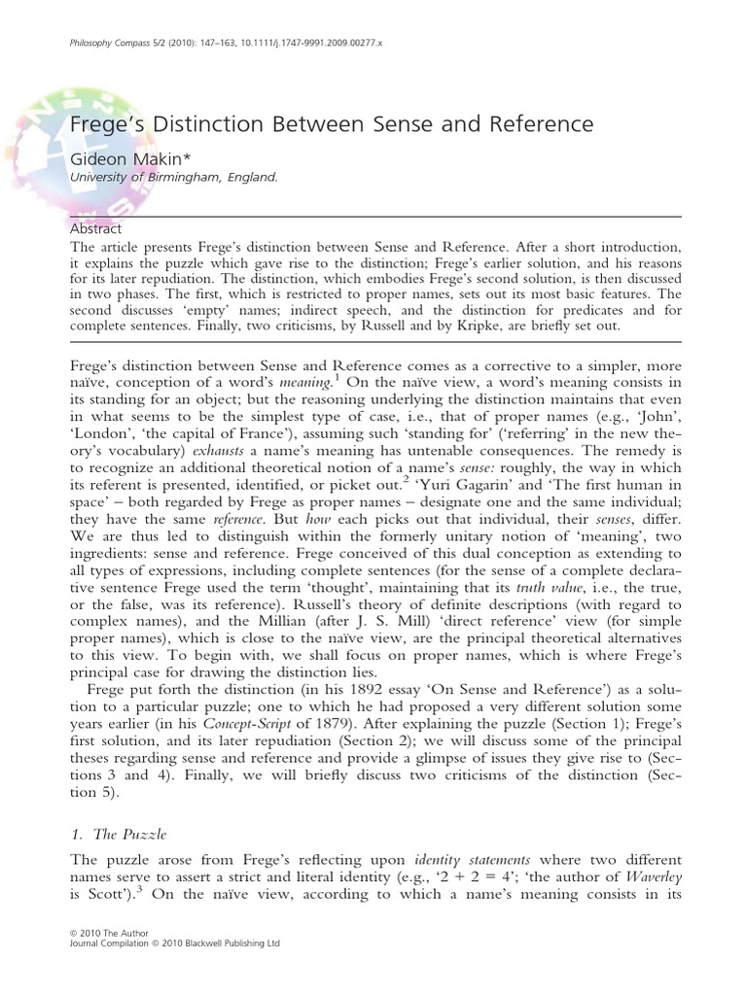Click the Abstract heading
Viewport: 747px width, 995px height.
[x=97, y=229]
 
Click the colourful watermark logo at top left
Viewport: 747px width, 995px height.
[x=39, y=126]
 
